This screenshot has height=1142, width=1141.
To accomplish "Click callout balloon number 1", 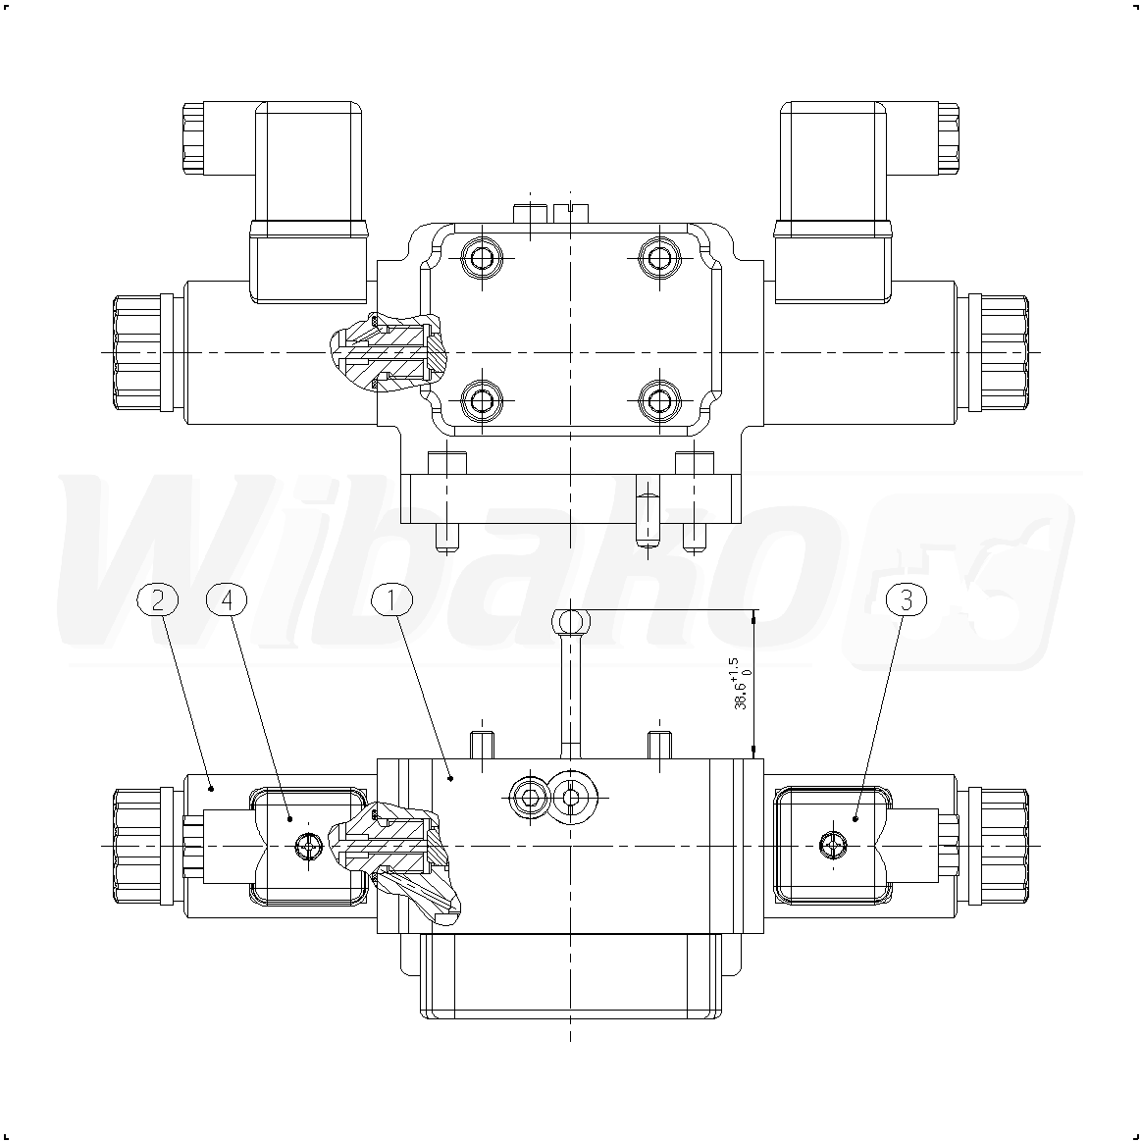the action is click(x=391, y=599).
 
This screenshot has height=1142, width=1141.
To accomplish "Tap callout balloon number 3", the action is click(x=907, y=599).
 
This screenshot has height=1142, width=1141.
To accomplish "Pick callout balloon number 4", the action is click(x=228, y=599).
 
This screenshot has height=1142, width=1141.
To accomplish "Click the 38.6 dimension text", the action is click(x=742, y=683).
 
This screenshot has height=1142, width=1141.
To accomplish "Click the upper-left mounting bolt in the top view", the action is click(x=482, y=257).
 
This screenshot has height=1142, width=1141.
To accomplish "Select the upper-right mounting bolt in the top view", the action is click(x=659, y=257).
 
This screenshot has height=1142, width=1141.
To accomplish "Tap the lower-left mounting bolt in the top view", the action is click(x=482, y=400).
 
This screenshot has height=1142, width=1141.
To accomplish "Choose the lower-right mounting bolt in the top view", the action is click(x=659, y=400).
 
